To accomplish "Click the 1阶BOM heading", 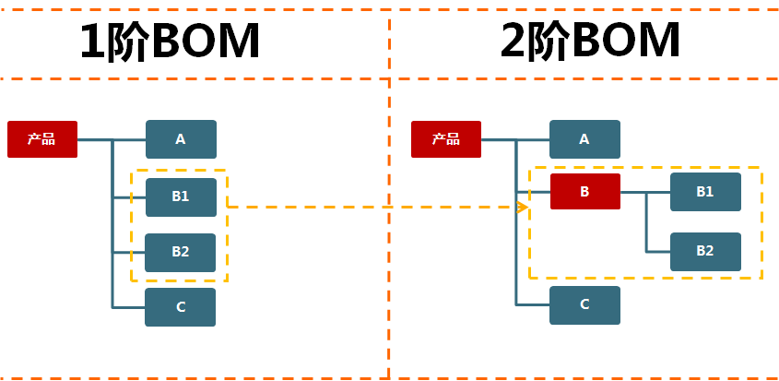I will tap(170, 41).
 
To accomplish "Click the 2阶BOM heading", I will tap(591, 41).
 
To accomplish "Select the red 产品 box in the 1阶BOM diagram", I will tap(42, 139).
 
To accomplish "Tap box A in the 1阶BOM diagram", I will tap(181, 139).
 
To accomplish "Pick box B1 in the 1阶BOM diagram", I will tap(181, 196).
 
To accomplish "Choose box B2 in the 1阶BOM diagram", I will tap(181, 252).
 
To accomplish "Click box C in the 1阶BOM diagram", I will tap(181, 307).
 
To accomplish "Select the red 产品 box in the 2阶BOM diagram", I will tap(446, 139).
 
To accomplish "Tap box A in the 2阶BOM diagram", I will tap(584, 139).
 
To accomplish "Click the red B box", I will tap(584, 192).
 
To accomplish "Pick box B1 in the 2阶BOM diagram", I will tap(705, 192).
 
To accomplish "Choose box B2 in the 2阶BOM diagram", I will tap(705, 251).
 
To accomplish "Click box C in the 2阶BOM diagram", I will tap(584, 305).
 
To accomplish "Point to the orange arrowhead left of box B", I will tap(523, 207).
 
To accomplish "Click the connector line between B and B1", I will tap(645, 193).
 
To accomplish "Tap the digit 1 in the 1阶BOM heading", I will tap(93, 42).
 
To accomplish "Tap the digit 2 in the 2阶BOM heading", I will tap(515, 42).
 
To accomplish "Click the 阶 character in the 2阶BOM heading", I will tap(555, 42).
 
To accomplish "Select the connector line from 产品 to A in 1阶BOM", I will tap(129, 139).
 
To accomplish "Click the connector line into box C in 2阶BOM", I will tap(533, 304).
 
